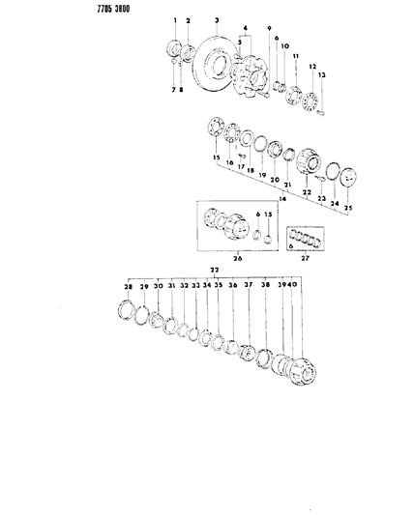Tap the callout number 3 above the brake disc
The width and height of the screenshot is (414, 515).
pos(217,20)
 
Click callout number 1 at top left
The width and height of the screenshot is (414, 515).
pos(175,20)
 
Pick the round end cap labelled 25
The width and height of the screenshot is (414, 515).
pos(348,184)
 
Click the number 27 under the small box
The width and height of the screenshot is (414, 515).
pos(307,259)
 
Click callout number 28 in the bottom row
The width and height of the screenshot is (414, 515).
pos(126,287)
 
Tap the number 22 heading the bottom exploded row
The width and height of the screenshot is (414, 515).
pos(215,270)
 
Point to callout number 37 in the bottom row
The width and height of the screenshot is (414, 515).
pos(248,287)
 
